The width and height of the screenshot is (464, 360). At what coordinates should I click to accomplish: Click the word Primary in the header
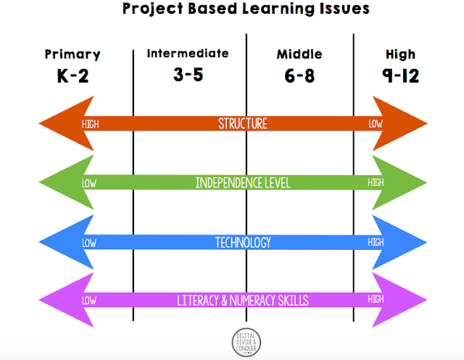coord(72,54)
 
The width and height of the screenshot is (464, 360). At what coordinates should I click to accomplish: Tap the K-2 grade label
coord(72,75)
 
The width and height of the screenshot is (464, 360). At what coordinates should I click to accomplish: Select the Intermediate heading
coord(188,54)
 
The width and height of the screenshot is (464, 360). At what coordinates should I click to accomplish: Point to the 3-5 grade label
coord(188,75)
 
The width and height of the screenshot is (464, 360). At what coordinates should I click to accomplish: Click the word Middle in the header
coord(300,54)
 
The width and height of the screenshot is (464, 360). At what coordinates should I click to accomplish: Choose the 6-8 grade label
coord(300,75)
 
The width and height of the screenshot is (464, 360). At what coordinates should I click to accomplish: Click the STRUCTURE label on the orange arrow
coord(243,124)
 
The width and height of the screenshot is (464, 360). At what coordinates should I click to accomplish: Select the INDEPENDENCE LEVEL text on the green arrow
coord(243,183)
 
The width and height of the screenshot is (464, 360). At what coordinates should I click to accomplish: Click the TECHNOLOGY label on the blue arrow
coord(243,242)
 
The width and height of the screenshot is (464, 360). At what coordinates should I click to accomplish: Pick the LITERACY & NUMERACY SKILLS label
coord(243,299)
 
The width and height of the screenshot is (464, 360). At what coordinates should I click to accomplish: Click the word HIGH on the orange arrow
coord(91,124)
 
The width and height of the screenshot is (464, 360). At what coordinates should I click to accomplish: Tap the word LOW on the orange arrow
coord(376,124)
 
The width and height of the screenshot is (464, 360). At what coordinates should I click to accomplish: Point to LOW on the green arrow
coord(89,183)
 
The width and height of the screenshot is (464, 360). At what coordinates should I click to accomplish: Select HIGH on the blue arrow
coord(376,242)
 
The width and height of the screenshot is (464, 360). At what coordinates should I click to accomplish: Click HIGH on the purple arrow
coord(376,299)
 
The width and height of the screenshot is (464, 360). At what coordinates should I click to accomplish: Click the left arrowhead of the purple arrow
coord(62,299)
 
